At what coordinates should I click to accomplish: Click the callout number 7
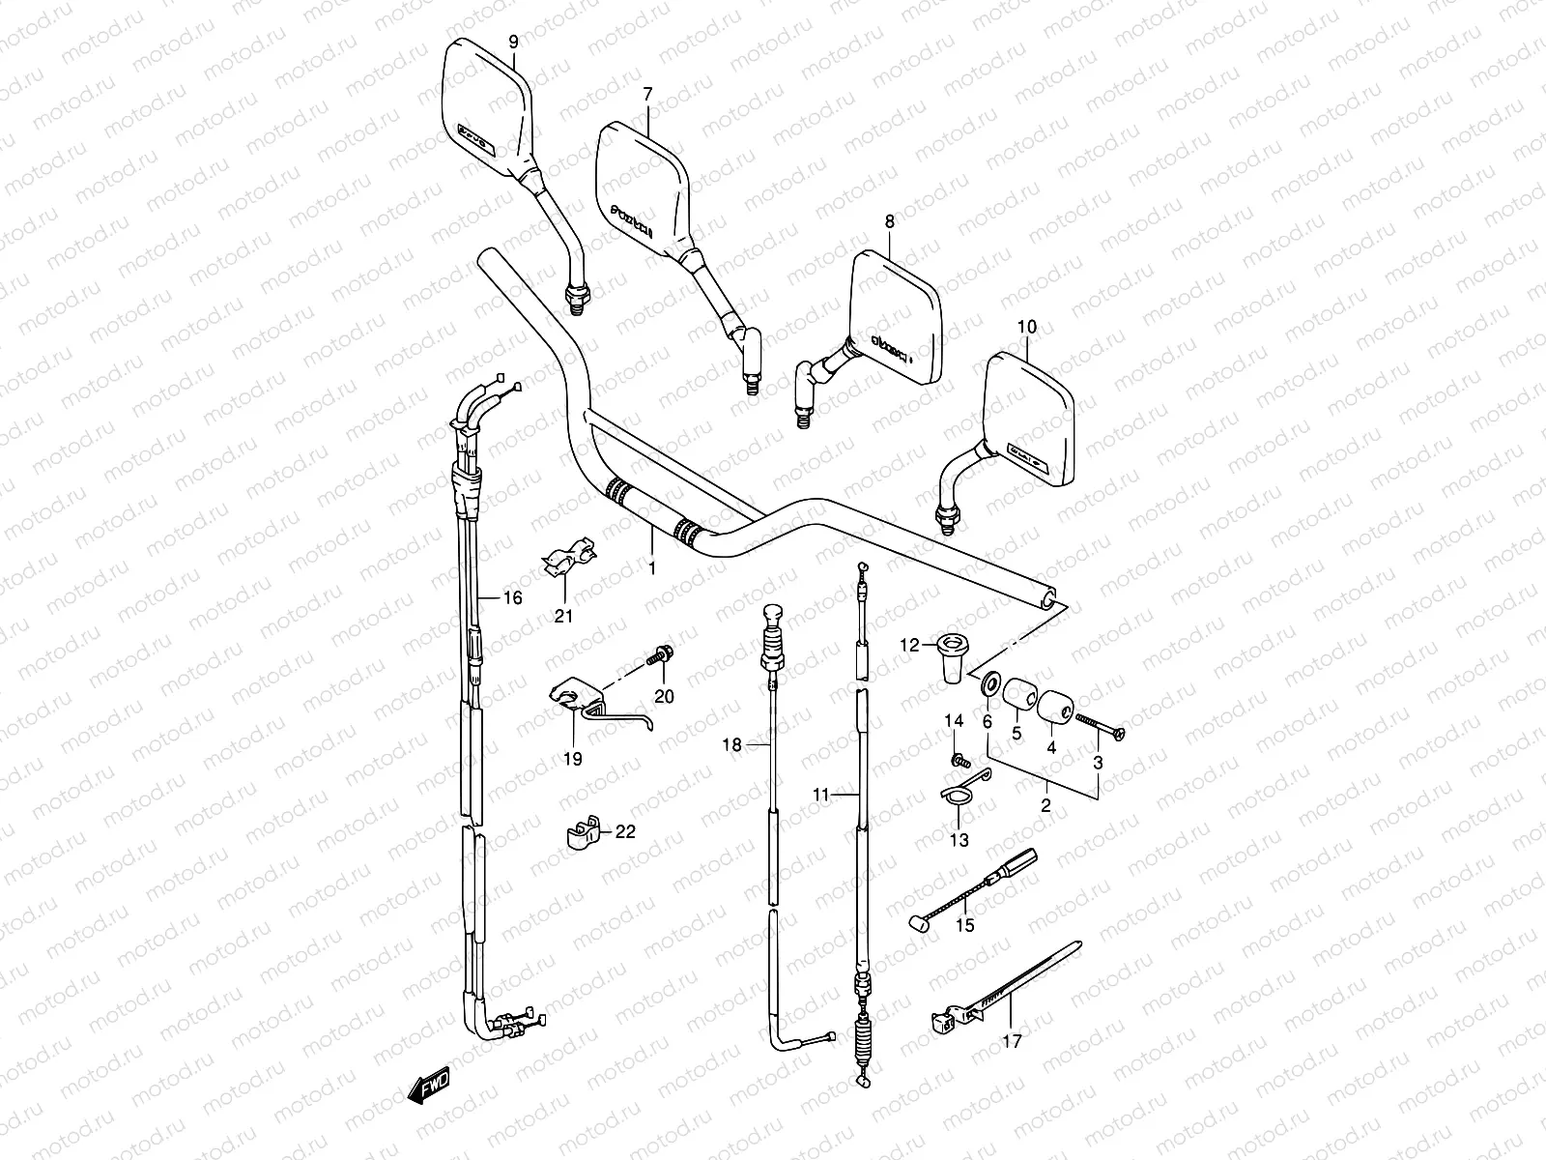(x=647, y=93)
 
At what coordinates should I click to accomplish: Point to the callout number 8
(x=890, y=221)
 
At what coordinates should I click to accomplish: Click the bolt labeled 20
(x=660, y=655)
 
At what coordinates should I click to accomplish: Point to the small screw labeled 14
(x=959, y=763)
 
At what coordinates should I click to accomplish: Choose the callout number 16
(x=512, y=598)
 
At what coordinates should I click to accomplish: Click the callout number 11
(x=821, y=795)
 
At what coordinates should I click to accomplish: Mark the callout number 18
(x=733, y=744)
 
